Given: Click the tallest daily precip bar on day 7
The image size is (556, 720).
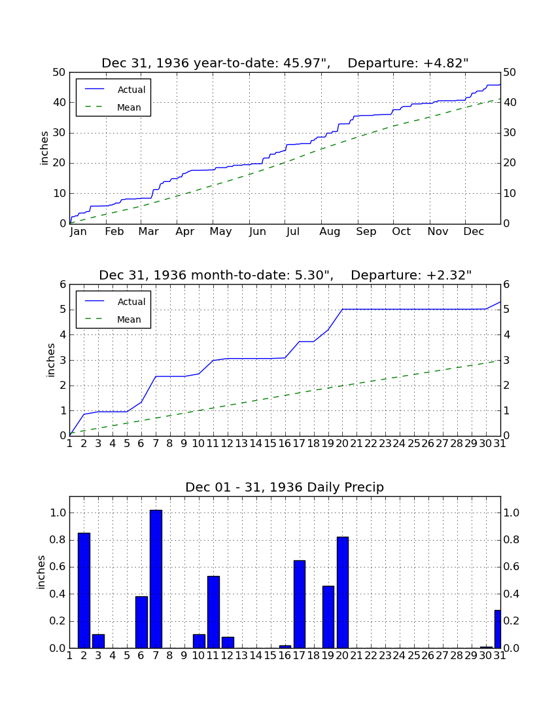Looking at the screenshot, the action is click(x=156, y=579).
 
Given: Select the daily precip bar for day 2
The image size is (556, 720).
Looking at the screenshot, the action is click(x=84, y=590).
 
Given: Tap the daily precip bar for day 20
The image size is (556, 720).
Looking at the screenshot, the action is click(x=343, y=592).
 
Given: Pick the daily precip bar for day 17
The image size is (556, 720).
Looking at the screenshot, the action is click(x=300, y=604).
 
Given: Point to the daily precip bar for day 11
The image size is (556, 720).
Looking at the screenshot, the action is click(x=213, y=612).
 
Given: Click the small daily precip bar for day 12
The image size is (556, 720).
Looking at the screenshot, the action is click(x=228, y=642).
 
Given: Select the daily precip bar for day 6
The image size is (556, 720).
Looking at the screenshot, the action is click(x=141, y=622).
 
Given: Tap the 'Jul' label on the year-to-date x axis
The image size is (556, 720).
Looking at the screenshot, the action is click(x=292, y=232).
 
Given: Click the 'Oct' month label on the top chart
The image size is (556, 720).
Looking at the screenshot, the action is click(x=402, y=232).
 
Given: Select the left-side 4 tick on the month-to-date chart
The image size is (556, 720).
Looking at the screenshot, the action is click(x=63, y=334).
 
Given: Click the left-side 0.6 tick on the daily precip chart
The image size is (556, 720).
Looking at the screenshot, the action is click(x=58, y=567).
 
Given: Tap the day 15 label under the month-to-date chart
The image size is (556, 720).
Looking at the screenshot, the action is click(x=271, y=444).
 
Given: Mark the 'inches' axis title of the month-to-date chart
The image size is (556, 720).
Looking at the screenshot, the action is click(x=50, y=360).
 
